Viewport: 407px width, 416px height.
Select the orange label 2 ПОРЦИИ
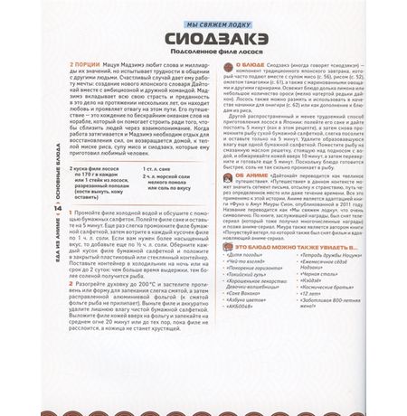[x=61, y=68]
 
